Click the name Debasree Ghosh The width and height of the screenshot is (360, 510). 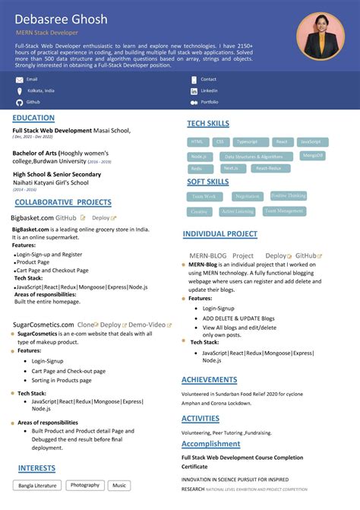click(x=62, y=19)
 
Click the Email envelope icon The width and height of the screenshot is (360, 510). click(x=19, y=79)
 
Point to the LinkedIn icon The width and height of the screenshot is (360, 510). click(x=194, y=90)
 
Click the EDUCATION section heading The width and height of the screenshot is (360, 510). click(x=33, y=118)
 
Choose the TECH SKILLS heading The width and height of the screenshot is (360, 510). click(x=209, y=123)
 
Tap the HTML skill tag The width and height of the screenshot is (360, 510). click(x=198, y=142)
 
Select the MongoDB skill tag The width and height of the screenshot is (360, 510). click(x=313, y=155)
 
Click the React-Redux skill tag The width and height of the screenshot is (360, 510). click(x=268, y=168)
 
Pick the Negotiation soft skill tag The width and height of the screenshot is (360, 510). click(x=248, y=196)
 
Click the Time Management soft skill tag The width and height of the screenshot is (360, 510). click(x=284, y=211)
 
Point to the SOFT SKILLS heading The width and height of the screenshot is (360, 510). click(x=207, y=182)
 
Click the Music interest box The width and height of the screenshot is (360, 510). click(x=119, y=485)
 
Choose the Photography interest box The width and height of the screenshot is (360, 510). click(x=84, y=485)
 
